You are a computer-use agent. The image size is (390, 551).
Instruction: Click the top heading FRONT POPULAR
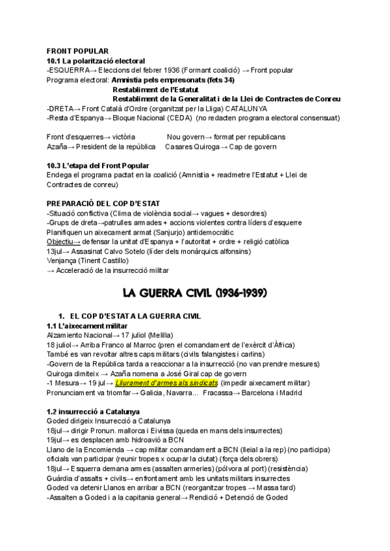tap(77, 51)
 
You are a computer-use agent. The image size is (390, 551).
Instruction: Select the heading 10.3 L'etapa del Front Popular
tap(97, 166)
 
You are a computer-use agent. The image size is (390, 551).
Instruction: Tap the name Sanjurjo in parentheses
tap(155, 232)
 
